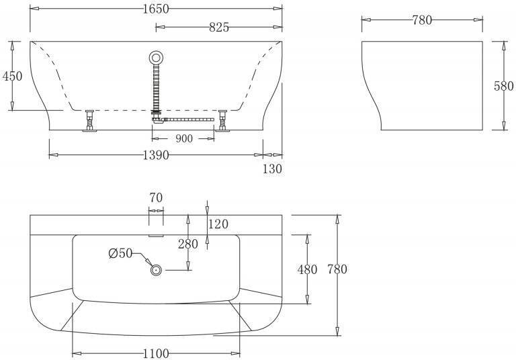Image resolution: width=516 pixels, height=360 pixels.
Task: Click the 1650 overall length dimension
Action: point(156,9)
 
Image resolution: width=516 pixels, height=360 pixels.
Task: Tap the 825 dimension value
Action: point(219,28)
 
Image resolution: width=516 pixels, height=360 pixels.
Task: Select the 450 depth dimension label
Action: point(13,76)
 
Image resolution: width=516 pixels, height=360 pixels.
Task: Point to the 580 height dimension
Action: point(503,86)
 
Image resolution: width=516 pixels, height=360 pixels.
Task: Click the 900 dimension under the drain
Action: point(184,138)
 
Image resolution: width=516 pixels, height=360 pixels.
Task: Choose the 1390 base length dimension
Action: point(156,154)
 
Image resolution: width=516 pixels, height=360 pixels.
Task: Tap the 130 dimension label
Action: point(272,169)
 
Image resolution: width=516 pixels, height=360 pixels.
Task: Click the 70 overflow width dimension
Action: point(156,197)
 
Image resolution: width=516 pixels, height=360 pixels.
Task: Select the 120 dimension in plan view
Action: point(218,224)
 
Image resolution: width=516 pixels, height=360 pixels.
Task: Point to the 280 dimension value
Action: point(188,244)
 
